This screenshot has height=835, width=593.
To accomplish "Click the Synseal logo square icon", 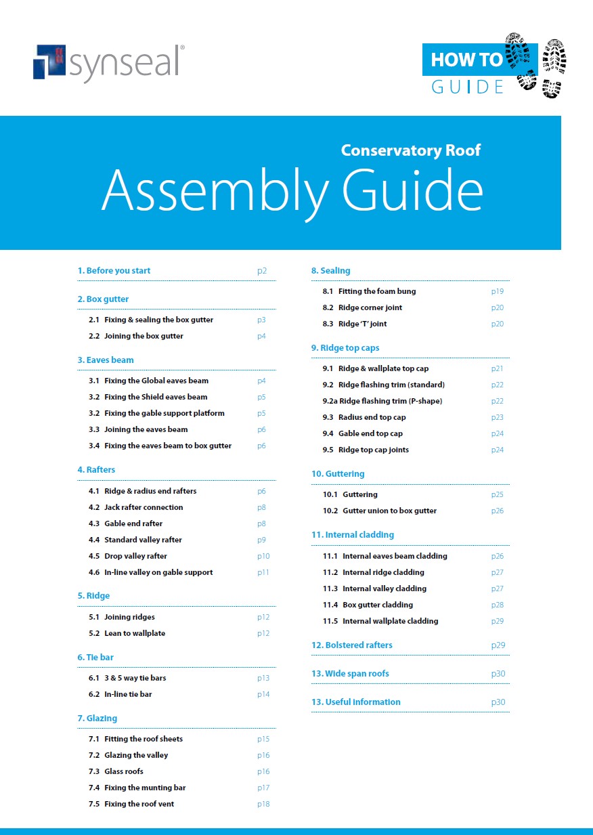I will click(x=49, y=62).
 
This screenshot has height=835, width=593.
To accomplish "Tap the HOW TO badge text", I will click(x=466, y=60).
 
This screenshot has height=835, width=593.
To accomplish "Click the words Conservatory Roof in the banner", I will click(x=410, y=150).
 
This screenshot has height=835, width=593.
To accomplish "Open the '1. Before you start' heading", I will click(x=114, y=271).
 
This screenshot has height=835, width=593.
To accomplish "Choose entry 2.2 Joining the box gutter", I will click(x=144, y=336).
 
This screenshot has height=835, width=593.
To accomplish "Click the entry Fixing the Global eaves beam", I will click(x=156, y=381).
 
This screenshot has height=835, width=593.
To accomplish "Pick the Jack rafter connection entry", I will click(x=144, y=507).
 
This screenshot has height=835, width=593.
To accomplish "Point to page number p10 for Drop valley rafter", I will click(x=263, y=556).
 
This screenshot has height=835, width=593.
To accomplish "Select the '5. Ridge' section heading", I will click(x=93, y=596).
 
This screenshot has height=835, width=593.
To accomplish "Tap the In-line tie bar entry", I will click(x=128, y=694).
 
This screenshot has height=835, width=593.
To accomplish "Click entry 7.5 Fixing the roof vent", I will click(x=139, y=804).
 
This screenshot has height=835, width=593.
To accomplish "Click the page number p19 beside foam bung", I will click(x=498, y=291).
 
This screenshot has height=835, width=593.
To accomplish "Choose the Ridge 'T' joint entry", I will click(x=362, y=324).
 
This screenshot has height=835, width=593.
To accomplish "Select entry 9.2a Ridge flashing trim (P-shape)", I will click(x=382, y=401).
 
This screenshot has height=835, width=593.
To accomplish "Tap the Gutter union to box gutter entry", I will click(x=389, y=511).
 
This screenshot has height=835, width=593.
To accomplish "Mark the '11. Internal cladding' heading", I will click(x=352, y=535).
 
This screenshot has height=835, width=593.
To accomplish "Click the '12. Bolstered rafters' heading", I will click(x=351, y=645).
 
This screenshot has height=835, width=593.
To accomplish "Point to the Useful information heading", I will click(x=356, y=702).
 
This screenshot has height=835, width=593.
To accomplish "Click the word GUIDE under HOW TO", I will click(x=468, y=87).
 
